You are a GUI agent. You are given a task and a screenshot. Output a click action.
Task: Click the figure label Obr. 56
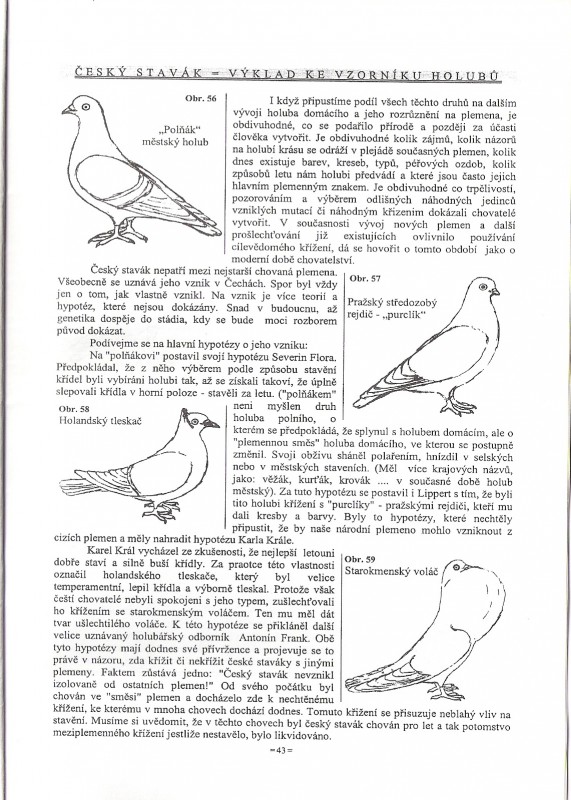click(x=201, y=98)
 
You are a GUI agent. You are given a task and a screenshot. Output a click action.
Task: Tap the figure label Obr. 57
click(x=365, y=279)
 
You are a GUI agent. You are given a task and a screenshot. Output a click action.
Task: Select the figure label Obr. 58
click(x=74, y=409)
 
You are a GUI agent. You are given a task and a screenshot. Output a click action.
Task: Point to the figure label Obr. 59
click(x=360, y=559)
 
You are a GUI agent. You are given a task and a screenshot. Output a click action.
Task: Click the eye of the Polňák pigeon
click(x=85, y=106)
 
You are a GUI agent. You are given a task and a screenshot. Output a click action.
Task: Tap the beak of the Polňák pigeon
click(x=67, y=110)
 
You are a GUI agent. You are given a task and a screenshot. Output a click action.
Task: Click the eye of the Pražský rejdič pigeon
click(x=483, y=287)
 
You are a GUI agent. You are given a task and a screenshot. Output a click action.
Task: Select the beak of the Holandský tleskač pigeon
click(x=211, y=423)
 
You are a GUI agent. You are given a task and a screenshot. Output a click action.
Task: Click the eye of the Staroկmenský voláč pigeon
click(x=456, y=567)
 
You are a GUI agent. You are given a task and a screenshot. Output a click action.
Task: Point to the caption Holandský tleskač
click(x=100, y=420)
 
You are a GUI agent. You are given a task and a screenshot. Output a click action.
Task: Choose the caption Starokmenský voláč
click(x=391, y=571)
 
